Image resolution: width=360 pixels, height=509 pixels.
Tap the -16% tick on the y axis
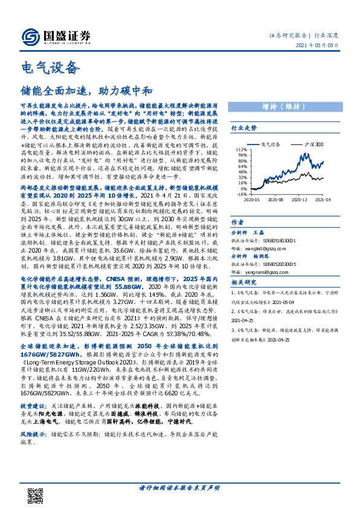[x=241, y=195]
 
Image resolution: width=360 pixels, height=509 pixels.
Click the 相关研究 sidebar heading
[x=243, y=282]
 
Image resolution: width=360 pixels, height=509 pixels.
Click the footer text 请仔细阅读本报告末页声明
[x=179, y=487]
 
